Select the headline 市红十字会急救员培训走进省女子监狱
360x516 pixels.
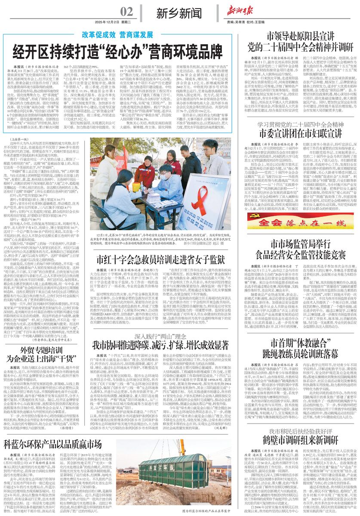154,259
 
